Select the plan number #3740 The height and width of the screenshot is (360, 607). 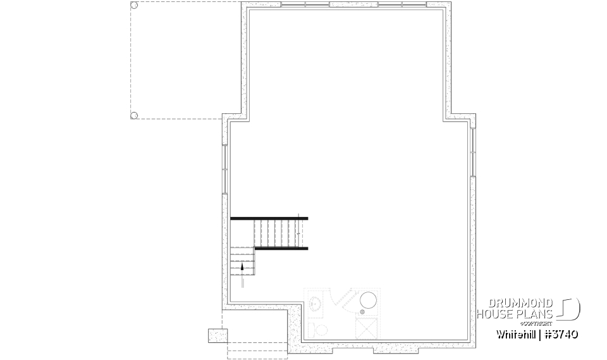pyautogui.click(x=561, y=333)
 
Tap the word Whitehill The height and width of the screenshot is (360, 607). pyautogui.click(x=515, y=333)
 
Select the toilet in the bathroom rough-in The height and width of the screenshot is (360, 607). pyautogui.click(x=320, y=330)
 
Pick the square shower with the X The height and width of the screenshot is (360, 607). pyautogui.click(x=368, y=328)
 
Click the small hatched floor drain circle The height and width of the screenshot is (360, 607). pyautogui.click(x=363, y=311)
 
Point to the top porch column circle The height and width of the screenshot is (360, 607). pyautogui.click(x=133, y=6)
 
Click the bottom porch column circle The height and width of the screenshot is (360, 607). pyautogui.click(x=133, y=115)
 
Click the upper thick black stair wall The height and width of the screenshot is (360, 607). pyautogui.click(x=269, y=218)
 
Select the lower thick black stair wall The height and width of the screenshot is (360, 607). pyautogui.click(x=281, y=249)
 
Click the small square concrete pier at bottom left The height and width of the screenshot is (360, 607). pyautogui.click(x=216, y=335)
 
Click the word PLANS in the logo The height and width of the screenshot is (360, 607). pyautogui.click(x=536, y=314)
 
